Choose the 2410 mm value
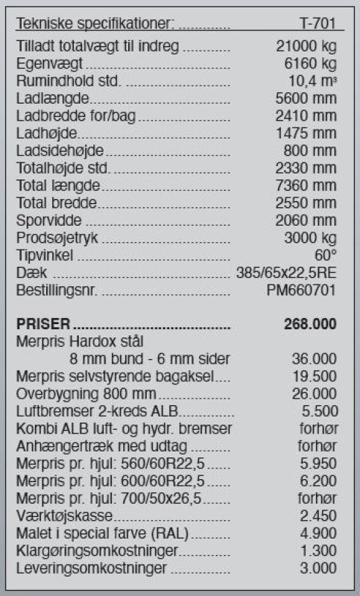point(306,117)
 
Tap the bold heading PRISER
point(43,324)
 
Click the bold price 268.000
point(310,324)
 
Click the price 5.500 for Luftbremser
point(318,411)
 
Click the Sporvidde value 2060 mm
point(306,221)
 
